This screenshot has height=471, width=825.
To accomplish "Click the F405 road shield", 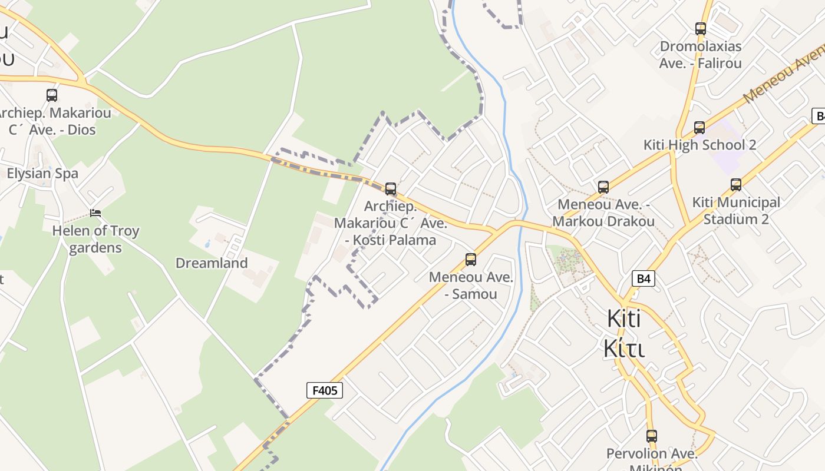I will click(325, 390).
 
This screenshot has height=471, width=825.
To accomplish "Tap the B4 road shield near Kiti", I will click(643, 278).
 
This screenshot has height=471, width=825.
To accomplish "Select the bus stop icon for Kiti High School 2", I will click(699, 127).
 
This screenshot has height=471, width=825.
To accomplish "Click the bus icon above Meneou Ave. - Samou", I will click(470, 259).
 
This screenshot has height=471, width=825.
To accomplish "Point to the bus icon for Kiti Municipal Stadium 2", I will click(736, 185).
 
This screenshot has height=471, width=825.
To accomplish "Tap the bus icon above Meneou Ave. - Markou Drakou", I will click(603, 187).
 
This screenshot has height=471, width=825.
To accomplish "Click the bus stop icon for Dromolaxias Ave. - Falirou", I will click(701, 28).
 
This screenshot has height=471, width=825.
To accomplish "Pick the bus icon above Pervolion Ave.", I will click(652, 436).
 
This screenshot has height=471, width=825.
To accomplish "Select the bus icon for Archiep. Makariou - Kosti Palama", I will click(391, 189).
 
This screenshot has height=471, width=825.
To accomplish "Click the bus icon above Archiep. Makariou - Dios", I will click(52, 95).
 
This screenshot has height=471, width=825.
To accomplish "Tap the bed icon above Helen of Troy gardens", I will click(95, 213).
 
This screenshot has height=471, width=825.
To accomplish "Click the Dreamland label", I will click(212, 263).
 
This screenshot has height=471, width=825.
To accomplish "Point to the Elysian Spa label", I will click(42, 174).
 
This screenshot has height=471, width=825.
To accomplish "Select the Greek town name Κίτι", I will click(624, 348).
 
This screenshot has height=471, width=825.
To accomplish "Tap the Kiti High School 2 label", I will click(699, 145).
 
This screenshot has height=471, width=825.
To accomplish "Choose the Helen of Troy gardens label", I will click(95, 239).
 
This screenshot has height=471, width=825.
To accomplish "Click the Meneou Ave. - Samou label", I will click(471, 286).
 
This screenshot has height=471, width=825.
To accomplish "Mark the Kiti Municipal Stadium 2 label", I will click(736, 211).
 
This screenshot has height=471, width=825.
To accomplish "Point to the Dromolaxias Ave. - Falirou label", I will click(701, 54).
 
